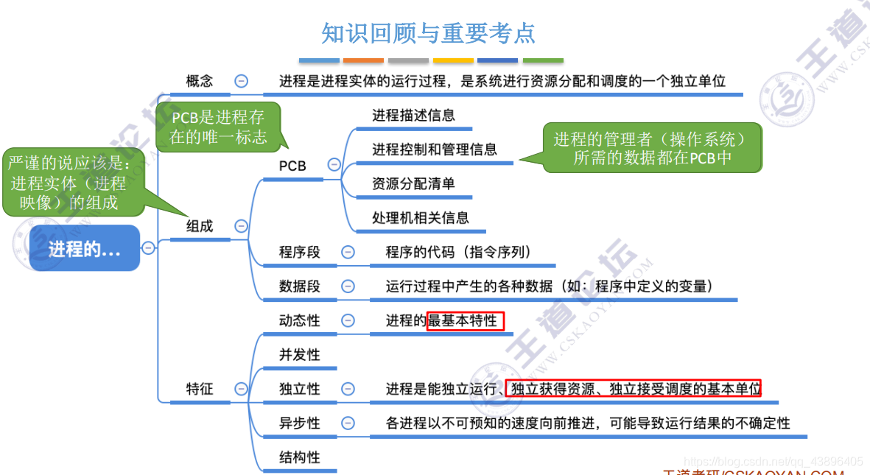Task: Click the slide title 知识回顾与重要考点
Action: (x=428, y=33)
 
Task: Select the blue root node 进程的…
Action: (x=85, y=249)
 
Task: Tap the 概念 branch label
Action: (x=200, y=81)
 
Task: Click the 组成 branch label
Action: (x=200, y=226)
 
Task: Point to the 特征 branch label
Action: (x=200, y=388)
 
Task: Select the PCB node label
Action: (x=292, y=166)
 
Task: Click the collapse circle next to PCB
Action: (x=334, y=165)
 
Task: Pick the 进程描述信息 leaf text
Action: (x=413, y=115)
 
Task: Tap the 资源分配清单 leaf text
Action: (x=413, y=183)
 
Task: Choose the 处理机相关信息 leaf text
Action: (x=421, y=217)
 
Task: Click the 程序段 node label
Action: (x=300, y=252)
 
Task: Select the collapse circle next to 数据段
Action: (x=348, y=286)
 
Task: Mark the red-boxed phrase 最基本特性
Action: (x=466, y=320)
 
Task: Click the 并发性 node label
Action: (x=300, y=354)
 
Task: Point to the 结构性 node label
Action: (x=300, y=457)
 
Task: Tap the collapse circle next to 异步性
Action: (x=348, y=423)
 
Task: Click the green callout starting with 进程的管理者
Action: (x=652, y=147)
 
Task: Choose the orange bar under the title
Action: (x=363, y=60)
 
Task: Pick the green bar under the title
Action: (x=543, y=60)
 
